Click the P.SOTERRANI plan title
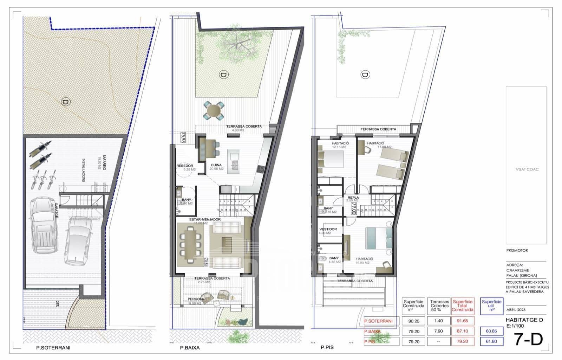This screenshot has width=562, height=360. (x=53, y=348)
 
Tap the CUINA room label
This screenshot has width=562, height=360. (x=216, y=165)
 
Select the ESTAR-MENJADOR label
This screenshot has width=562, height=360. (x=205, y=219)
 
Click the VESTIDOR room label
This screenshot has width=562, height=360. (x=328, y=229)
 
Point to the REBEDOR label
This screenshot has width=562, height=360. (x=185, y=166)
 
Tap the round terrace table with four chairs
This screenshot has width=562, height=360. (x=214, y=111)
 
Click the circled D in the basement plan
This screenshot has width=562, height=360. (x=66, y=102)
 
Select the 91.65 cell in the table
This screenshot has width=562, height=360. (x=463, y=321)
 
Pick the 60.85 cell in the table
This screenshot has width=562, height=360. (x=491, y=331)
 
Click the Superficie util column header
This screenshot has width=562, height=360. (x=491, y=305)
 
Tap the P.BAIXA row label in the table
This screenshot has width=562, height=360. (x=372, y=331)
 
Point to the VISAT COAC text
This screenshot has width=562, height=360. (x=527, y=169)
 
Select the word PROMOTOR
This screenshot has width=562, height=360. (x=517, y=250)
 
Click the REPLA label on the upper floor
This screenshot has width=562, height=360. (x=353, y=198)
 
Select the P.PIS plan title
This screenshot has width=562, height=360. (x=327, y=347)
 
